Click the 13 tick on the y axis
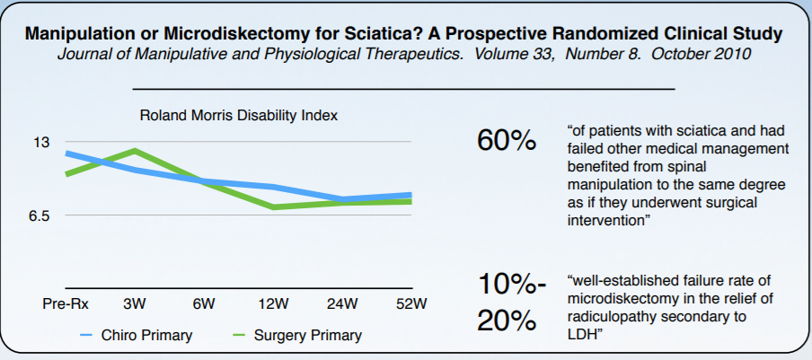tap(42, 142)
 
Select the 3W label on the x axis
tap(136, 303)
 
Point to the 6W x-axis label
tap(204, 303)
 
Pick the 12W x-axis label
tap(272, 303)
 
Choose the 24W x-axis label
tap(341, 303)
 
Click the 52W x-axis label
tap(410, 303)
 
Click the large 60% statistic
tap(507, 141)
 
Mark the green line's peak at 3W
tap(135, 150)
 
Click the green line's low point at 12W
tap(272, 207)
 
